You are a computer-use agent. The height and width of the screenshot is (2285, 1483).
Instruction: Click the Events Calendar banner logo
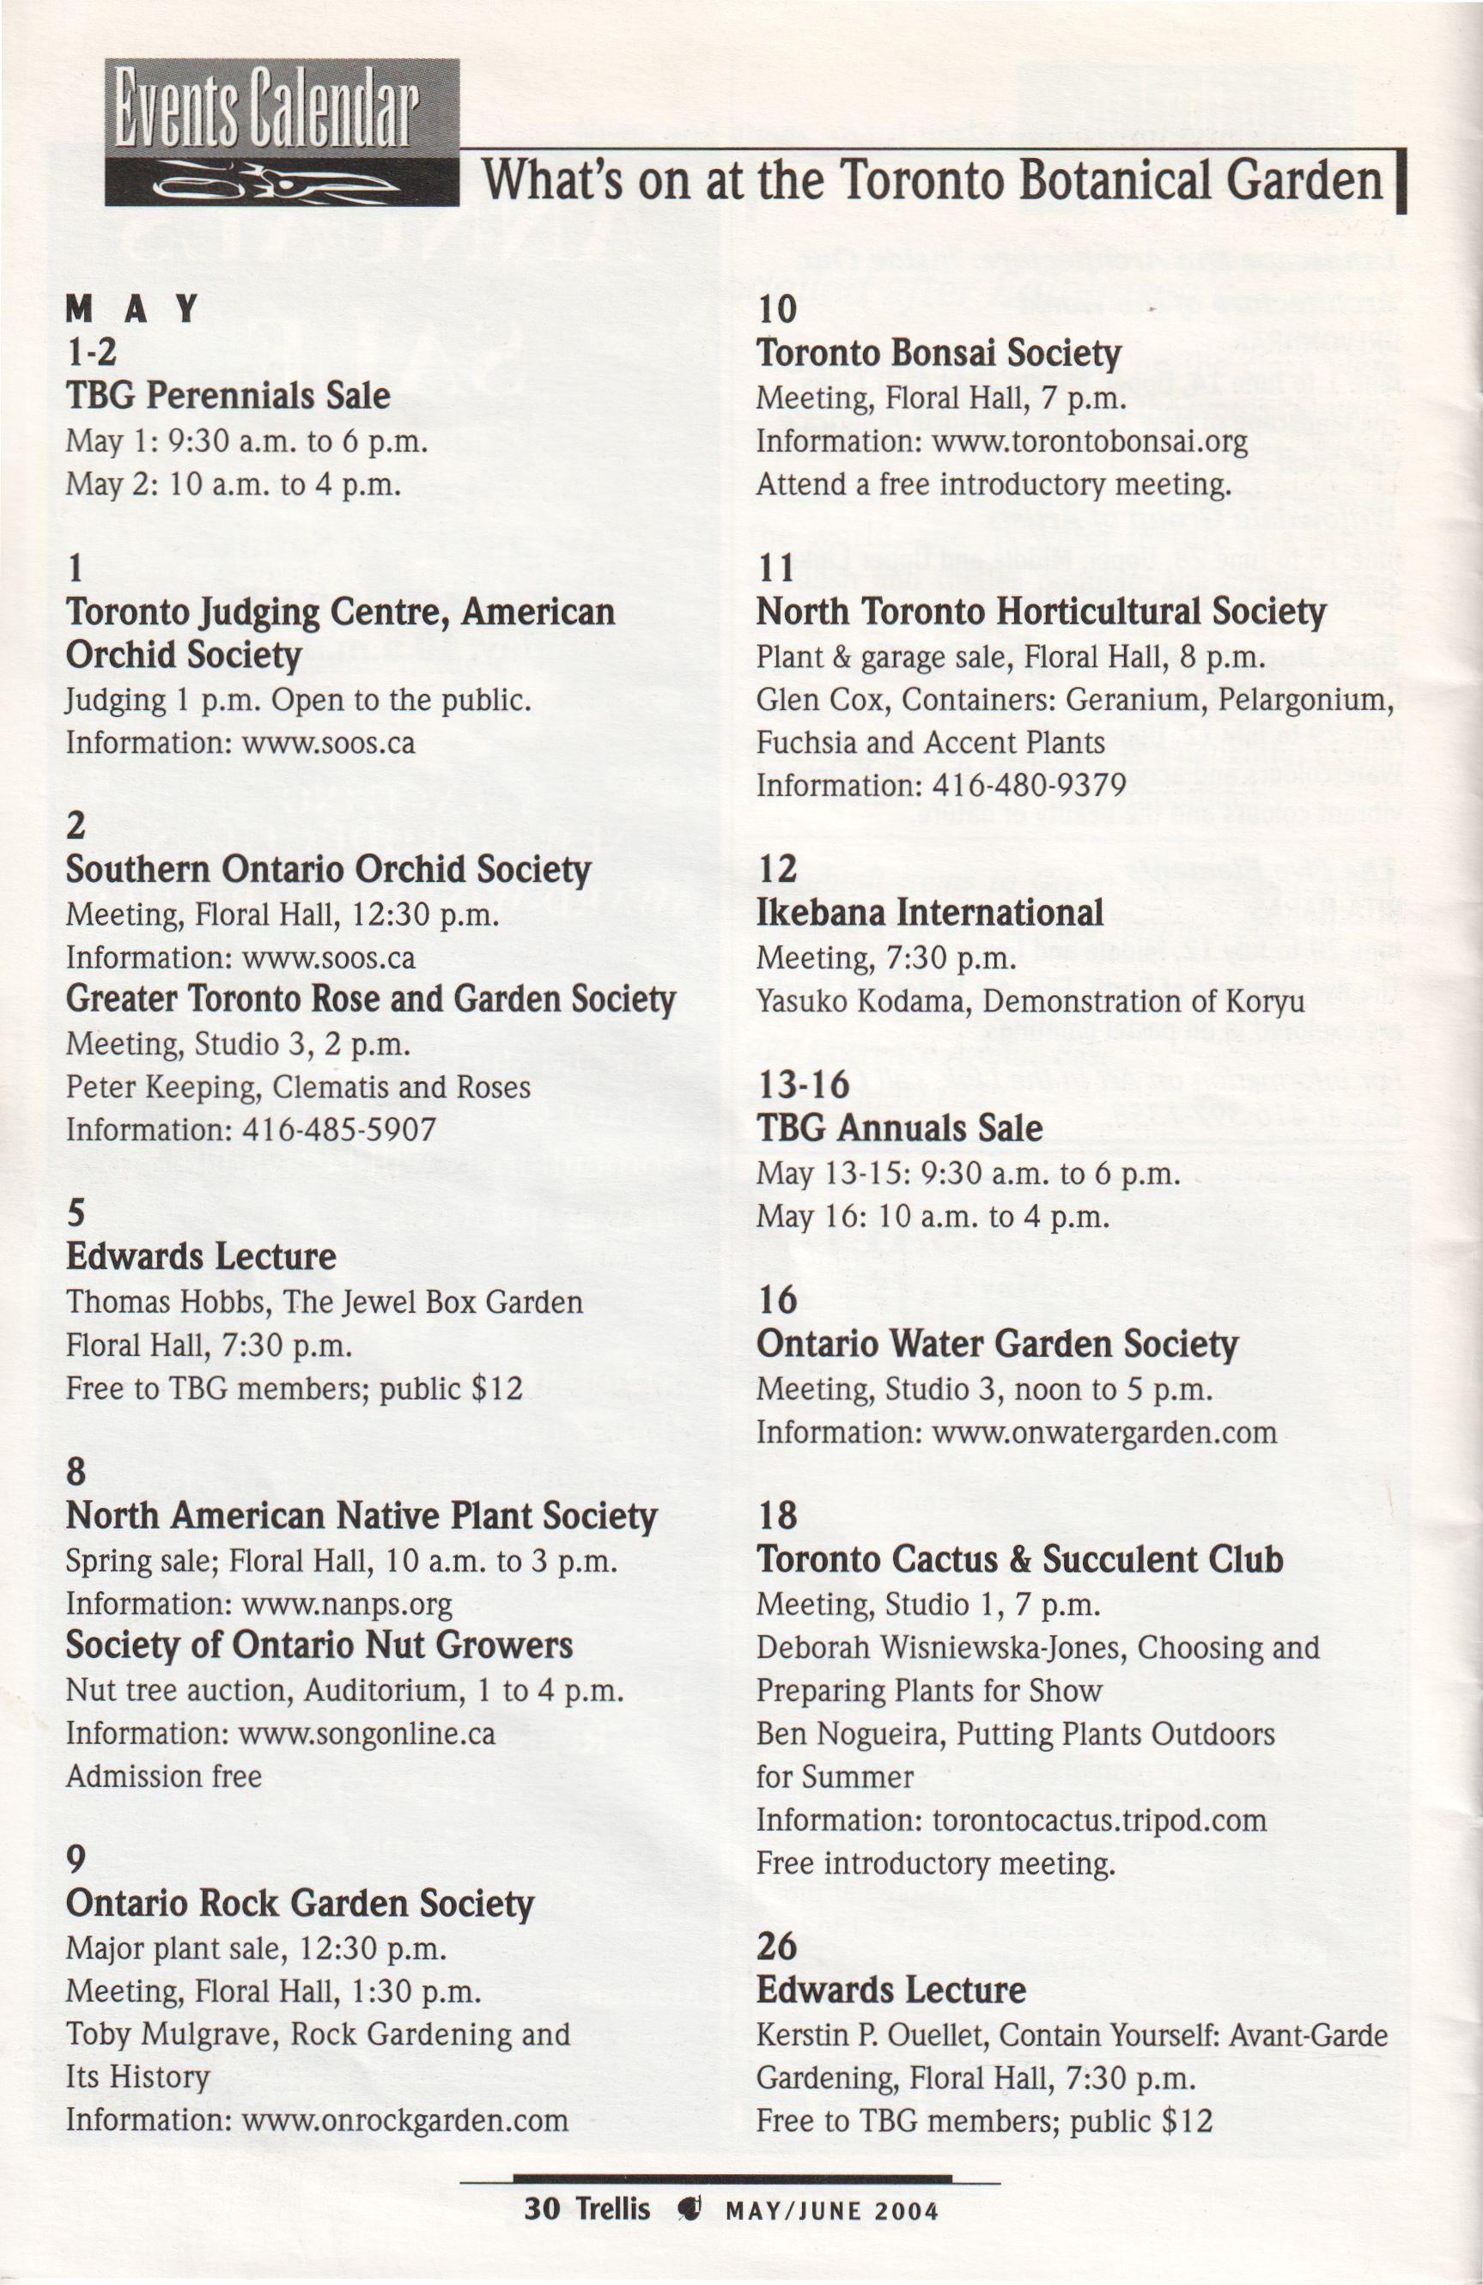282,132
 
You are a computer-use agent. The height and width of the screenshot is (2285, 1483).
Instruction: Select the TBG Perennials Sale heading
228,396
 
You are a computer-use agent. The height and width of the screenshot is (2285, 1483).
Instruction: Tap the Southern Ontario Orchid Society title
328,870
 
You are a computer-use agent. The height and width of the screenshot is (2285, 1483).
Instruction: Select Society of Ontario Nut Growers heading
319,1646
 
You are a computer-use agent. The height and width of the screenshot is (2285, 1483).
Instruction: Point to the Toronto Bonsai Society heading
938,353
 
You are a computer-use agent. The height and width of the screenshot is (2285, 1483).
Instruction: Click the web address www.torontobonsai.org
1090,442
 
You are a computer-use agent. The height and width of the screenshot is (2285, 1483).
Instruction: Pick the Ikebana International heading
929,913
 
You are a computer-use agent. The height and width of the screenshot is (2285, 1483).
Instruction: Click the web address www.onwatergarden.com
1103,1433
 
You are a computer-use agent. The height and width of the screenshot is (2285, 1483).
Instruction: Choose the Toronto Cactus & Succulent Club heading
1019,1561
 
